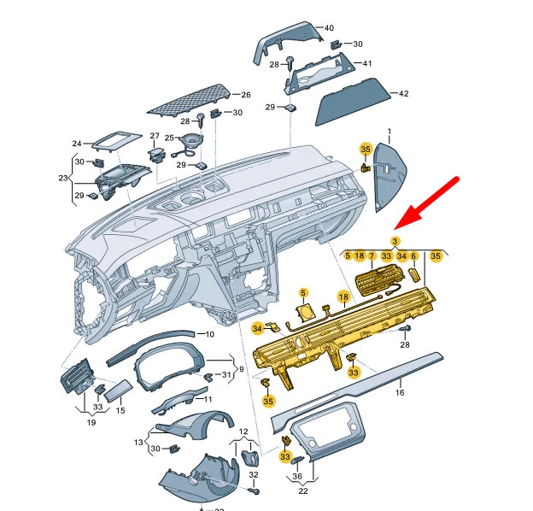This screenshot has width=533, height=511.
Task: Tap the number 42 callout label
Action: pos(404,93)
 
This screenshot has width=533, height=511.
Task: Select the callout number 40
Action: pos(328,27)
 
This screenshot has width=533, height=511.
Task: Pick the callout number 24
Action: pos(76,144)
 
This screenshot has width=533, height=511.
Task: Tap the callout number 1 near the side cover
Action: pos(389,132)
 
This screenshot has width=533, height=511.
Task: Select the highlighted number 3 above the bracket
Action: pos(395,243)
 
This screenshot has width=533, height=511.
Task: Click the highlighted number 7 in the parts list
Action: pos(372,255)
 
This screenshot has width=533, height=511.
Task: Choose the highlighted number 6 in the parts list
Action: pos(414,255)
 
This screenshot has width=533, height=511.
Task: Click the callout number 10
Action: pos(209,334)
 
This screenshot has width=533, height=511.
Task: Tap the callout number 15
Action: pos(120,411)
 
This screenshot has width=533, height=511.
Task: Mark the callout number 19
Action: pos(91,421)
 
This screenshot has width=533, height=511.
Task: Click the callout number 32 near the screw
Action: pos(254,474)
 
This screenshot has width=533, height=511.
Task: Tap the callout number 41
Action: pos(366,63)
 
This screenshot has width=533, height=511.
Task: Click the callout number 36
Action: pos(297,476)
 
